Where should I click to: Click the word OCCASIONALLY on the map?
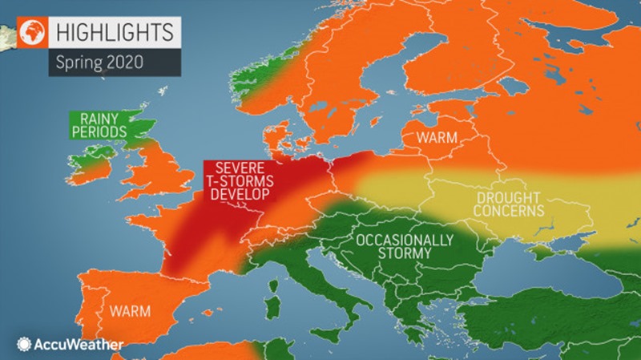pos(399,240)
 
